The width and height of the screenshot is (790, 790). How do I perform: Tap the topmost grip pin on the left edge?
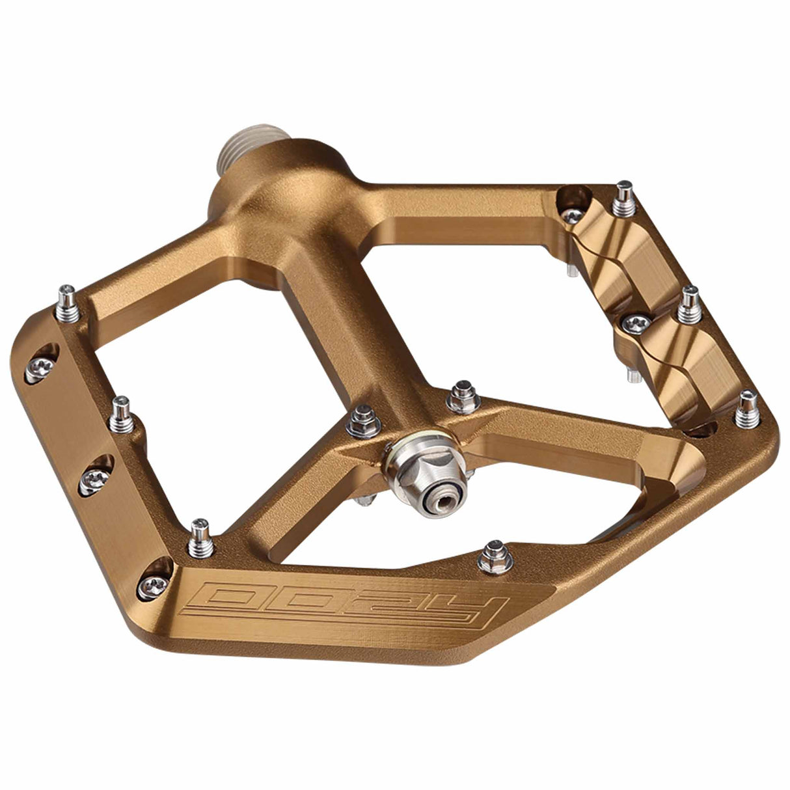tap(67, 302)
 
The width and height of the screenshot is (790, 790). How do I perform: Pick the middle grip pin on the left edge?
tap(121, 414)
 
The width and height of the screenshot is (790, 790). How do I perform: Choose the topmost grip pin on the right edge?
tap(624, 197)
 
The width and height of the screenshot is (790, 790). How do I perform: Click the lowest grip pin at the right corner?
tap(748, 406)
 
